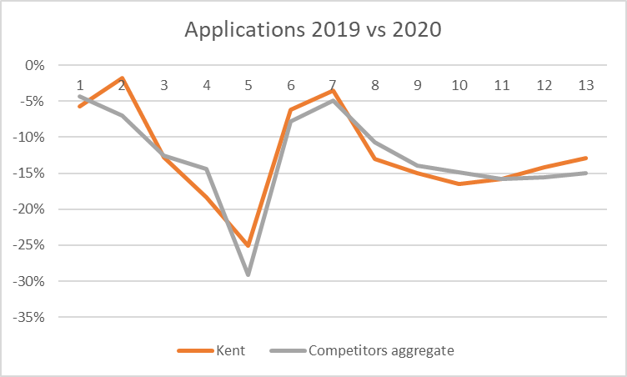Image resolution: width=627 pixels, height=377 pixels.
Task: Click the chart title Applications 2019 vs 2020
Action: coord(313,30)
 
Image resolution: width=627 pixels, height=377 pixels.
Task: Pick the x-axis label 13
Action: coord(585,85)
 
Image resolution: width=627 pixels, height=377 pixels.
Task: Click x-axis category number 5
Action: coord(248,85)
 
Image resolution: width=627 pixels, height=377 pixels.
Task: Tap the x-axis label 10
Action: coord(459,85)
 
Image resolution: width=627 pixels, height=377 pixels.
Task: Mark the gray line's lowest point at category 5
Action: coord(248,274)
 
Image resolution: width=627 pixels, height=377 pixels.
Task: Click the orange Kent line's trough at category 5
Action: coord(248,246)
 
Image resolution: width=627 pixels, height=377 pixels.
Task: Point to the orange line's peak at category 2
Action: coord(123,78)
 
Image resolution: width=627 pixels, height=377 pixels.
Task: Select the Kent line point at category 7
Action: coord(333,90)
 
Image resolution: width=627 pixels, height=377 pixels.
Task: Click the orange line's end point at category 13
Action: coord(585,158)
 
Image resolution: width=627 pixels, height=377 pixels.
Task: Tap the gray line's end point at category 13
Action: coord(585,173)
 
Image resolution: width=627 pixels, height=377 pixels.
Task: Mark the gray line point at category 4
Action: coord(207,168)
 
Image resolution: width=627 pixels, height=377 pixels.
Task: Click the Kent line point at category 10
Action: coord(459,183)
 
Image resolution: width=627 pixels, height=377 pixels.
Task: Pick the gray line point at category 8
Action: coord(374,141)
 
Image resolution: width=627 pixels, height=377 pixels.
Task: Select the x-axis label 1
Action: coord(81,85)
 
